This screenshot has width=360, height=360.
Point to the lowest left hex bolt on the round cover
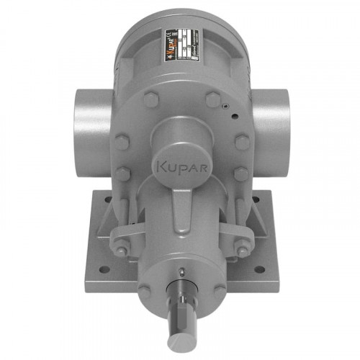[123, 174]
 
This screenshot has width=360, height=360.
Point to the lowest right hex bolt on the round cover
[240, 174]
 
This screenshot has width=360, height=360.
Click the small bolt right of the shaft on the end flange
[218, 290]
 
